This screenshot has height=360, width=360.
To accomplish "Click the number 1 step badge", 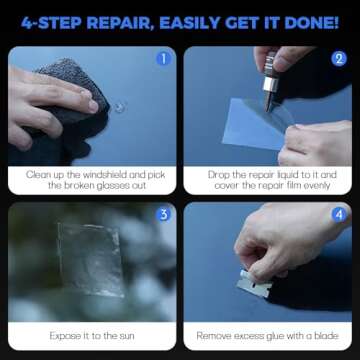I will pos(164,58).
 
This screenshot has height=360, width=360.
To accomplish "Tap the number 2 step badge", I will pos(337,58).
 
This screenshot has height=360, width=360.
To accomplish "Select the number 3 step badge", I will pos(164,214).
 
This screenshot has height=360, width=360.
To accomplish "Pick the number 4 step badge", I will pos(337,214).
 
